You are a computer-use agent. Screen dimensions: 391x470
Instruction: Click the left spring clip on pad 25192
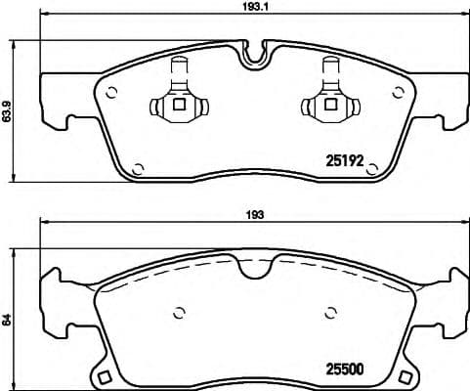[178, 99]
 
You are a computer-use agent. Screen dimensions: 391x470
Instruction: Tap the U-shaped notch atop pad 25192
[254, 54]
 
